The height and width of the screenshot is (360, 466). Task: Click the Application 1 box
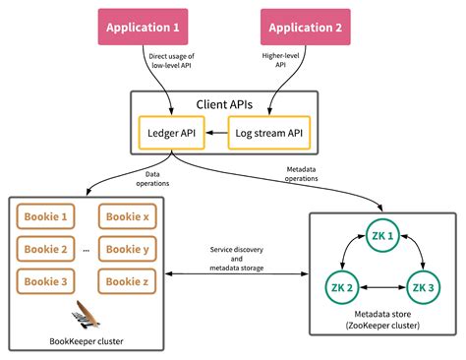pyautogui.click(x=141, y=28)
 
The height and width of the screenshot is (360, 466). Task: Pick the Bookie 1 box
pyautogui.click(x=45, y=216)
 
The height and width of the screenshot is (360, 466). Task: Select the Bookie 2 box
pyautogui.click(x=45, y=249)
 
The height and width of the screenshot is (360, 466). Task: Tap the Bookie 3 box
pyautogui.click(x=45, y=281)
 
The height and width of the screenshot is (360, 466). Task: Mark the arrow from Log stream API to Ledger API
pyautogui.click(x=216, y=131)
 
